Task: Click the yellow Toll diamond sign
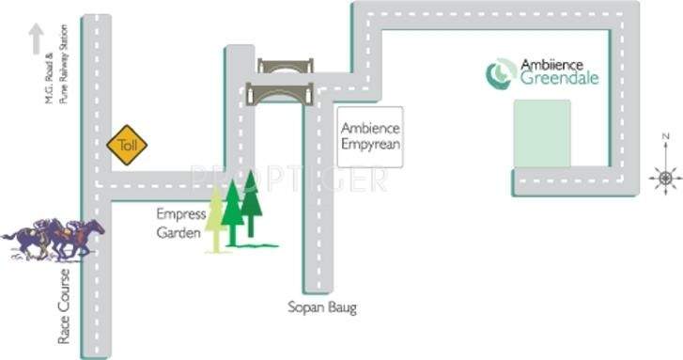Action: point(127,145)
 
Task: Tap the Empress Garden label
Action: point(181,224)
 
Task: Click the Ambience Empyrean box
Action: point(370,135)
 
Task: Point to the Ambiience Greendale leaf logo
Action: point(500,73)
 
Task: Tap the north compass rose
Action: point(665,177)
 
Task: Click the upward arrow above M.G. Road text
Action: point(36,39)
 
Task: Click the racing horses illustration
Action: point(52,239)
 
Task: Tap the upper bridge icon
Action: point(286,67)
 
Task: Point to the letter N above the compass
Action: point(664,138)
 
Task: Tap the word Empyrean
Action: point(371,145)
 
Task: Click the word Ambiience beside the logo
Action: point(552,65)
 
